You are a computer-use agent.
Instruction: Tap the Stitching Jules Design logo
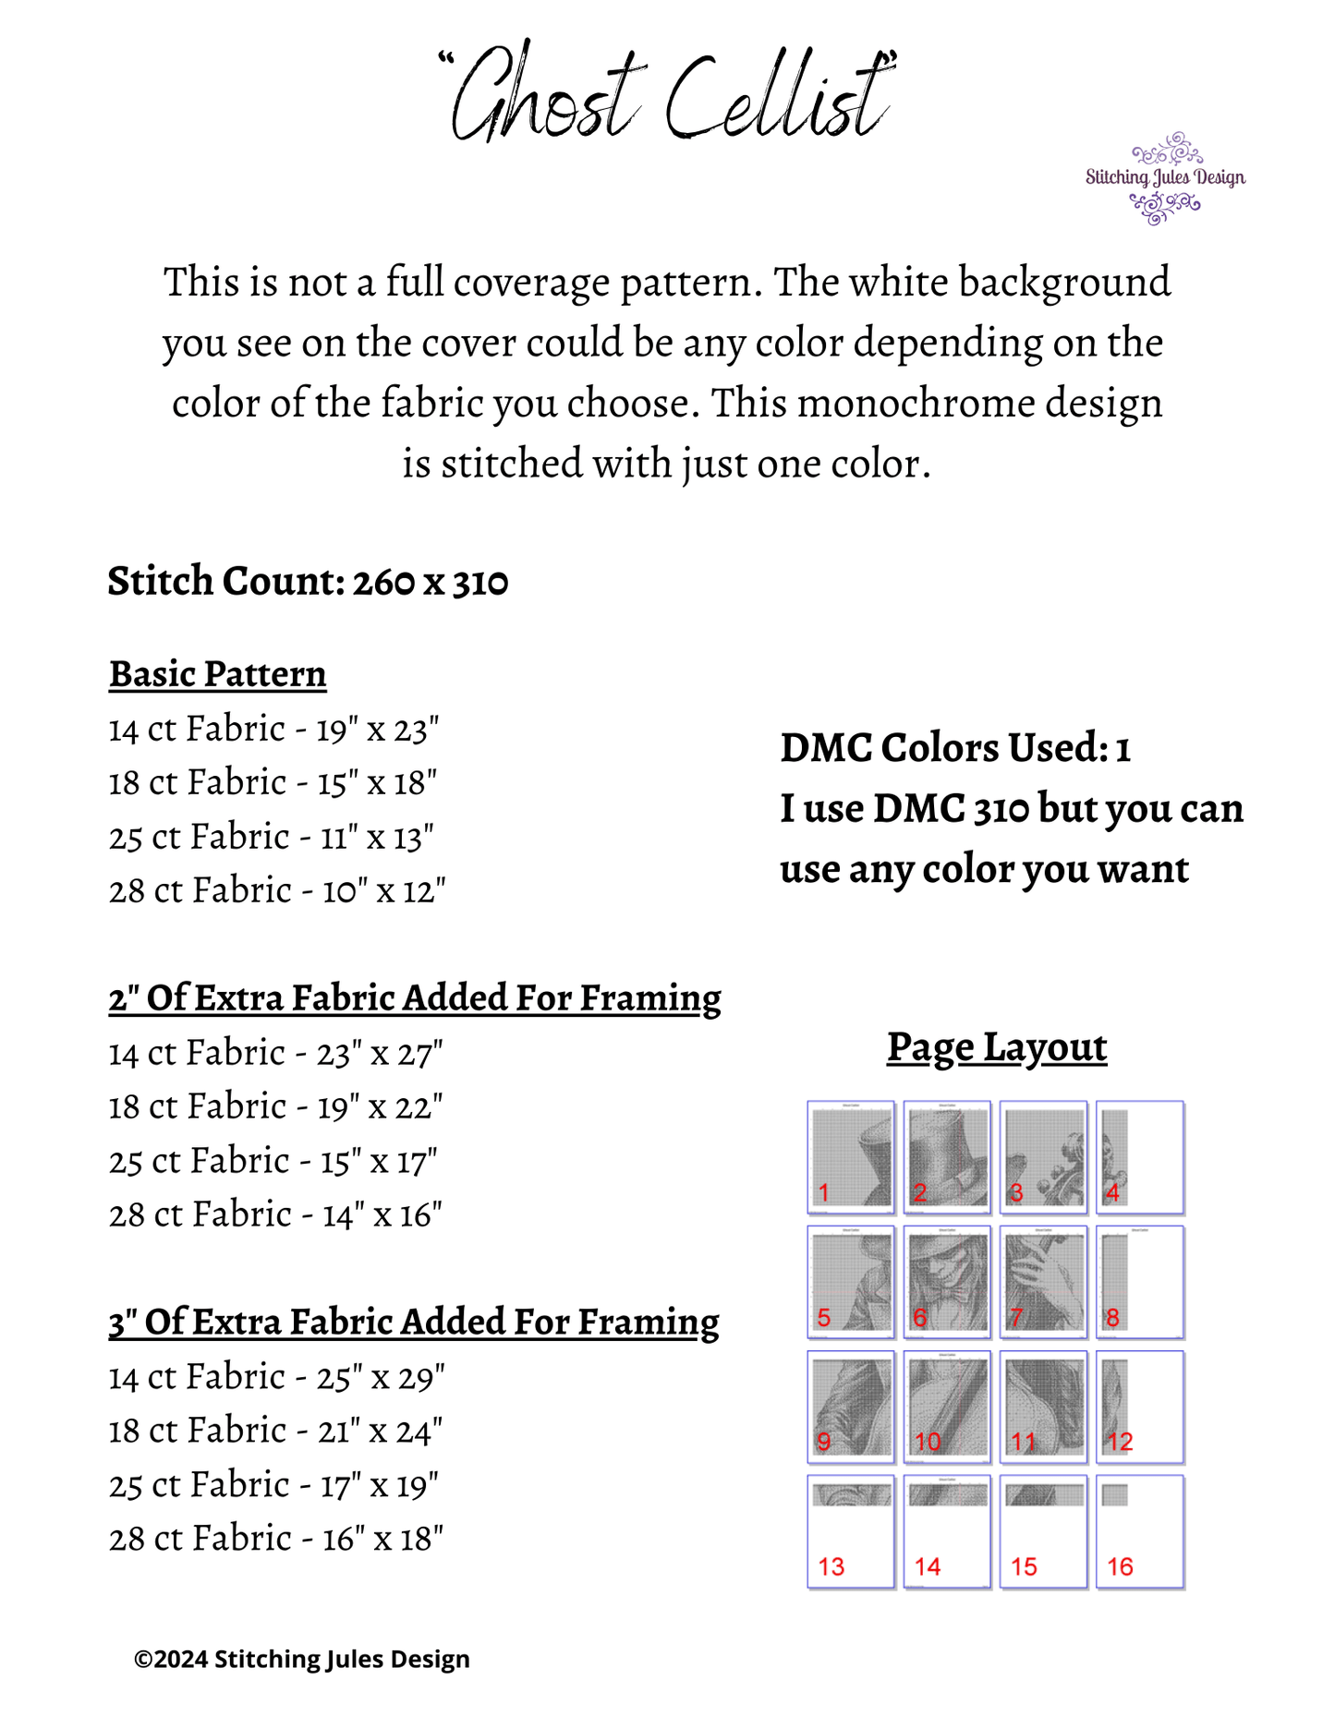tap(1165, 177)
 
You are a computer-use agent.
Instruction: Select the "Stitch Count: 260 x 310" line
tap(308, 582)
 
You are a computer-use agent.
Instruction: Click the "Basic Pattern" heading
tap(218, 674)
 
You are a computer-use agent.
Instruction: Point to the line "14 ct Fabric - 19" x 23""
tap(273, 730)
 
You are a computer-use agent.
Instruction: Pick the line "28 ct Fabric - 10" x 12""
tap(277, 891)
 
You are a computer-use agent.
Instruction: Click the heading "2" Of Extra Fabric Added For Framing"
tap(415, 998)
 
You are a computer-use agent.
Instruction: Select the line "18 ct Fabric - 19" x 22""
tap(275, 1106)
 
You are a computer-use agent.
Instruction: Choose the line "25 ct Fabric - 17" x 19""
tap(273, 1485)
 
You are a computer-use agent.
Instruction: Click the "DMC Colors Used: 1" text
tap(955, 748)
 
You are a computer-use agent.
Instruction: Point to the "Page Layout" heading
tap(997, 1047)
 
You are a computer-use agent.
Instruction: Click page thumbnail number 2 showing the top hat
tap(947, 1156)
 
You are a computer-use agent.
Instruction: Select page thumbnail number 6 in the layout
tap(947, 1282)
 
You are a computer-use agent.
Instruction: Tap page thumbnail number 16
tap(1140, 1531)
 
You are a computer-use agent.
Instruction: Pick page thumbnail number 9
tap(851, 1407)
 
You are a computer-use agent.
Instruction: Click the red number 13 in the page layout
tap(831, 1566)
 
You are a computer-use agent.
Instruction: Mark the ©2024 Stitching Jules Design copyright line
tap(302, 1659)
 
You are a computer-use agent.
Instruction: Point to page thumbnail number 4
tap(1140, 1156)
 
